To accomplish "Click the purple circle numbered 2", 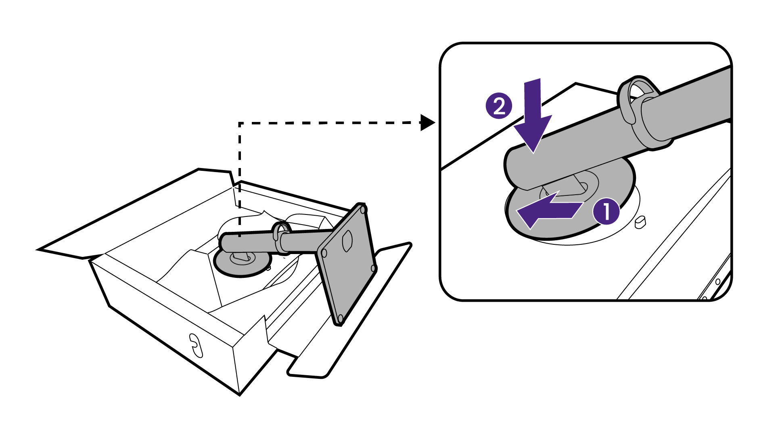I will (x=499, y=107).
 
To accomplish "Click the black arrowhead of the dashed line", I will (x=427, y=122).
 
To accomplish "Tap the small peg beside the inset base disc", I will (x=640, y=222).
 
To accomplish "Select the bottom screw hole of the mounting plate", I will (x=340, y=318).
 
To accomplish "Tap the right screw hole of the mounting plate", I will (x=373, y=268).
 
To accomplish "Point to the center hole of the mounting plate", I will (x=347, y=241).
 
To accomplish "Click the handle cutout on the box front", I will (x=195, y=345).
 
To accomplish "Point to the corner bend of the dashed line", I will (x=240, y=123).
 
